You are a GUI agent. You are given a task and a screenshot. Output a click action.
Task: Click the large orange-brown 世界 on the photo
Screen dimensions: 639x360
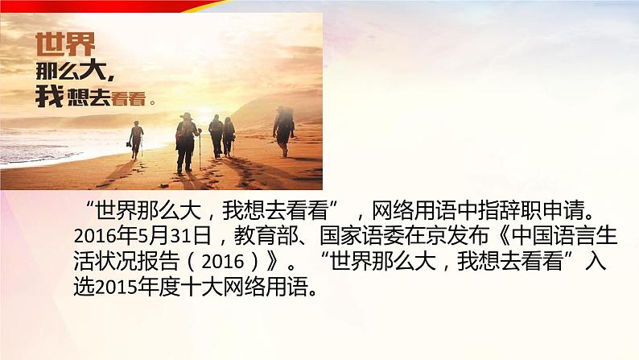(65, 44)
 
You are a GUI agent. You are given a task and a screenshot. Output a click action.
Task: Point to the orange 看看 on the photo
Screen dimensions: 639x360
(129, 99)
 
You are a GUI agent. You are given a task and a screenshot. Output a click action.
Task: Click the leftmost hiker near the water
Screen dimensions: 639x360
(137, 139)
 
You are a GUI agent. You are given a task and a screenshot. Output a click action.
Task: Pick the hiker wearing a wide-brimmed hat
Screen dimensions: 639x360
(186, 143)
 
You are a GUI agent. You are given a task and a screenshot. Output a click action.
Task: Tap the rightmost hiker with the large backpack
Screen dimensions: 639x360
(283, 130)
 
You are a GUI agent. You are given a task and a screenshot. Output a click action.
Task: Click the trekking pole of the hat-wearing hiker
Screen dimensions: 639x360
(200, 150)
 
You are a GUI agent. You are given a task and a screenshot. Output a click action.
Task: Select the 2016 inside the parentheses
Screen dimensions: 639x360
(223, 262)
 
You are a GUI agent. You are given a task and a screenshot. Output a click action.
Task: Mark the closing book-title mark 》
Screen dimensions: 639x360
(272, 262)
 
